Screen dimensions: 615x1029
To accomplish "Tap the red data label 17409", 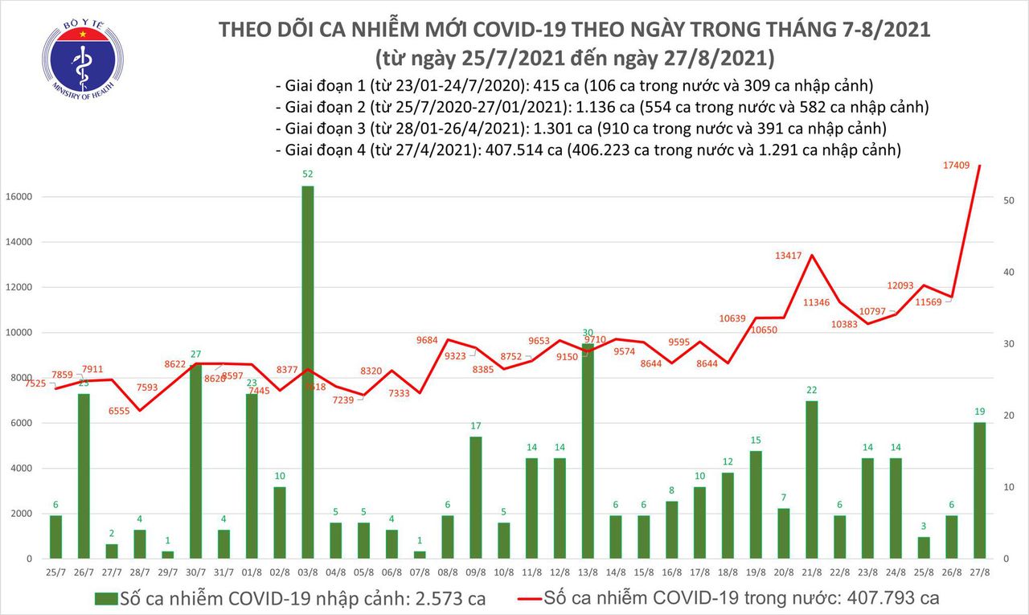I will pyautogui.click(x=961, y=166).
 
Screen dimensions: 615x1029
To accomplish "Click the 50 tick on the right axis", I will pyautogui.click(x=1011, y=200).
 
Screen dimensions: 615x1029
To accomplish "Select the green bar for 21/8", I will pyautogui.click(x=812, y=479).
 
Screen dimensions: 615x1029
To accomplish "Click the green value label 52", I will pyautogui.click(x=307, y=174).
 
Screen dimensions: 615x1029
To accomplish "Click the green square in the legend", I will pyautogui.click(x=105, y=598).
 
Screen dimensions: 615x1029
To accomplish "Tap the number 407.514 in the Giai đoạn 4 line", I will pyautogui.click(x=525, y=150).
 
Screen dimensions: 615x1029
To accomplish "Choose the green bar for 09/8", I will pyautogui.click(x=475, y=497).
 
